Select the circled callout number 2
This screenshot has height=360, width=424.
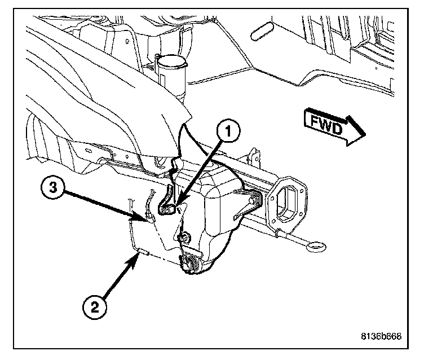click(93, 308)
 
